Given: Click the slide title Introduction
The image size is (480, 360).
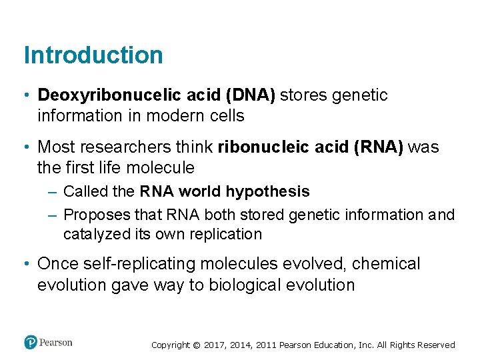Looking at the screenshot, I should pos(93,55).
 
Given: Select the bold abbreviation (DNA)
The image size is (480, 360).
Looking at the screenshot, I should pos(250,95).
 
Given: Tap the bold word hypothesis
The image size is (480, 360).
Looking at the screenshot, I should pos(268,192).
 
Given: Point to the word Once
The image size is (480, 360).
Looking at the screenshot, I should pos(59,264).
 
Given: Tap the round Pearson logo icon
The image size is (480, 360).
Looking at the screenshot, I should pos(31,342).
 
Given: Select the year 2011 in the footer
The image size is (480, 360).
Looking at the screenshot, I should pos(265,345).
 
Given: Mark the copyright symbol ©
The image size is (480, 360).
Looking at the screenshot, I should pos(196,345).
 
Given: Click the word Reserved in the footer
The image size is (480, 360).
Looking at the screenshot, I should pos(437,345).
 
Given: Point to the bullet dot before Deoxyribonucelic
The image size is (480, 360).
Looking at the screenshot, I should pos(27,95).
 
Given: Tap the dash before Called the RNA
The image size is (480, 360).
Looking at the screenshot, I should pos(53,192).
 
